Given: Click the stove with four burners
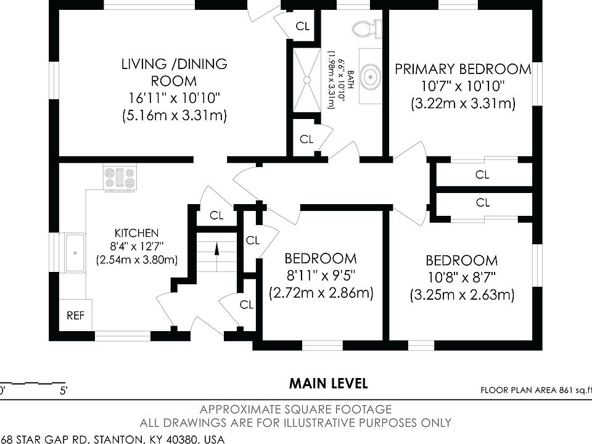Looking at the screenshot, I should click(x=120, y=178).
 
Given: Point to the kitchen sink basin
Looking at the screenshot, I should click(x=75, y=253).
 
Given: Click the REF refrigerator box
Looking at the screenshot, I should click(x=75, y=316).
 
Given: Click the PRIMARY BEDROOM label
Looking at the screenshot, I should click(x=462, y=68).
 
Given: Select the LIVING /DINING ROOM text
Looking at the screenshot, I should click(x=174, y=72).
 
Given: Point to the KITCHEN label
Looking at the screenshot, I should click(x=137, y=233).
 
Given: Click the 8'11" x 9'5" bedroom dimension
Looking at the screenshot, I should click(x=321, y=276).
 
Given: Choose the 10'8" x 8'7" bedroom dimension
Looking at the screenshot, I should click(x=462, y=278).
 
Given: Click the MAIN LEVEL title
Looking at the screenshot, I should click(x=329, y=384).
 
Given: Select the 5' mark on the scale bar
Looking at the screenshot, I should click(x=64, y=390).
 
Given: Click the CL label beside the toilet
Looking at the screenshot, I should click(x=302, y=26).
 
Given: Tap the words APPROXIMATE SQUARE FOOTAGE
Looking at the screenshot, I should click(x=295, y=409).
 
